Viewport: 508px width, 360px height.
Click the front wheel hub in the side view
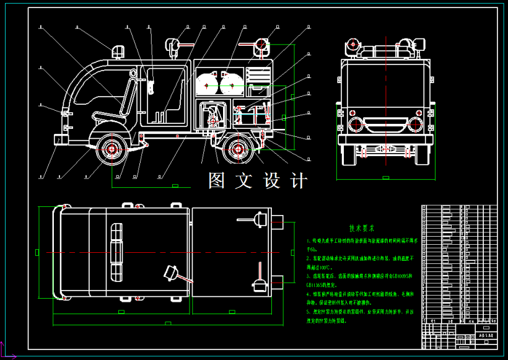coord(112,149)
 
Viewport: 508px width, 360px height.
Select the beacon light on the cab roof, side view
coord(117,51)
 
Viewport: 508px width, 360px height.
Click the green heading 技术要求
coord(362,228)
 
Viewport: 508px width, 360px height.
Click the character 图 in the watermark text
coord(217,180)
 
